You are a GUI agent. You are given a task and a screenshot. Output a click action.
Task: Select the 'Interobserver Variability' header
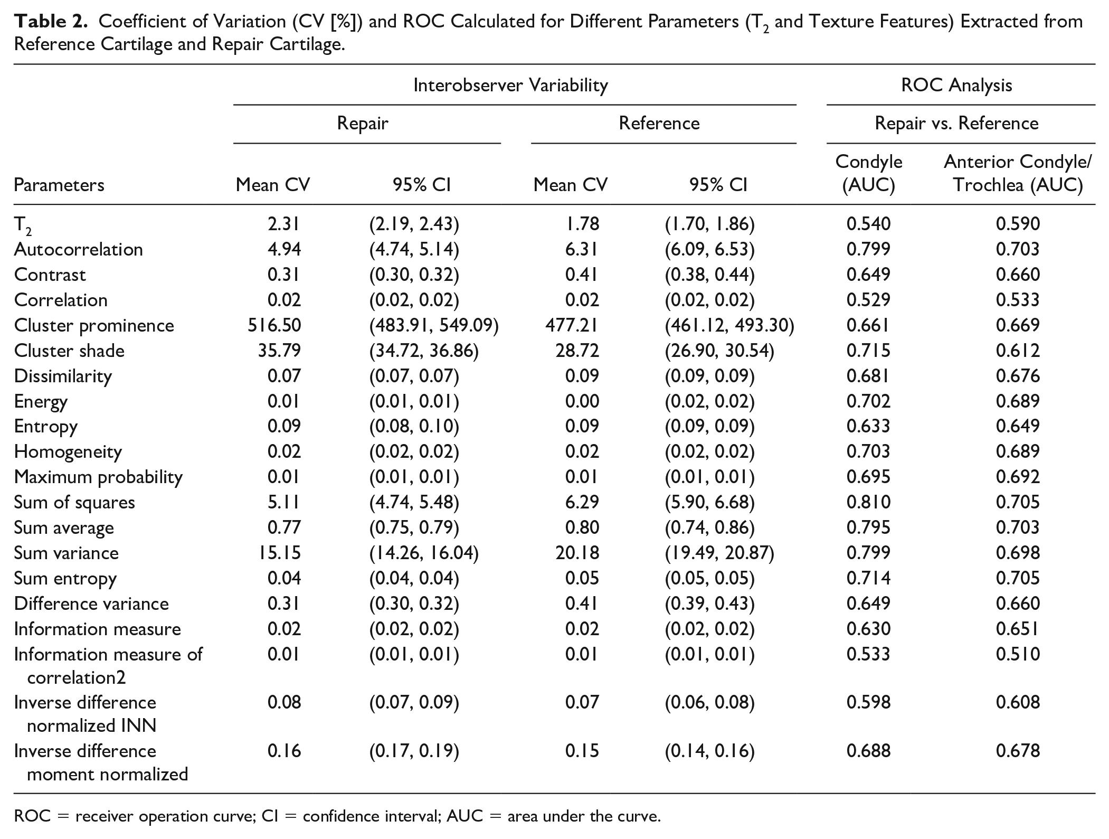(x=510, y=85)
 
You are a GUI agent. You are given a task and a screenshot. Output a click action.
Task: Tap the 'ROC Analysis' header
(x=956, y=85)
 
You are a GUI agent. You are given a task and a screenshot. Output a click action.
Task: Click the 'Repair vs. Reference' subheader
(x=956, y=123)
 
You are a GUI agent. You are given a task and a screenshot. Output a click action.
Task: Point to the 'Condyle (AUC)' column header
(x=869, y=173)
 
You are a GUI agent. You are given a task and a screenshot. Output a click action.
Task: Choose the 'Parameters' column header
(x=59, y=185)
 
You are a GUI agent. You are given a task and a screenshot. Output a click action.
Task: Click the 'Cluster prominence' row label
(x=94, y=325)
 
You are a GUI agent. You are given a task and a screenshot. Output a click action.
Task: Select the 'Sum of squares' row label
(x=74, y=502)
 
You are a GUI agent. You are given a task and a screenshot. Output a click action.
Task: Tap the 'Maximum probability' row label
(x=98, y=477)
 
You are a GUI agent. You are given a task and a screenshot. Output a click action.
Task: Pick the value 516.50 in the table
(x=274, y=325)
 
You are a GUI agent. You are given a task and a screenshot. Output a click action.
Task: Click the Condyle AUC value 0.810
(x=868, y=502)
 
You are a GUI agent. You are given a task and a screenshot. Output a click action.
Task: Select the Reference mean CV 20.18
(x=577, y=553)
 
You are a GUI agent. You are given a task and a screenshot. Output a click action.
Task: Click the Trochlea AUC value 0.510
(x=1018, y=654)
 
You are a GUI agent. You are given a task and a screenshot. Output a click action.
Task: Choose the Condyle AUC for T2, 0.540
(x=868, y=224)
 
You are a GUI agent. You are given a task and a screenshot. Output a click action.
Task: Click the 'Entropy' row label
(x=46, y=427)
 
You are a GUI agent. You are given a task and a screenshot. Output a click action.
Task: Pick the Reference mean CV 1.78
(x=582, y=224)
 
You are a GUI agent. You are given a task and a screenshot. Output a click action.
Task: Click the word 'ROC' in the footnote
(x=32, y=816)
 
